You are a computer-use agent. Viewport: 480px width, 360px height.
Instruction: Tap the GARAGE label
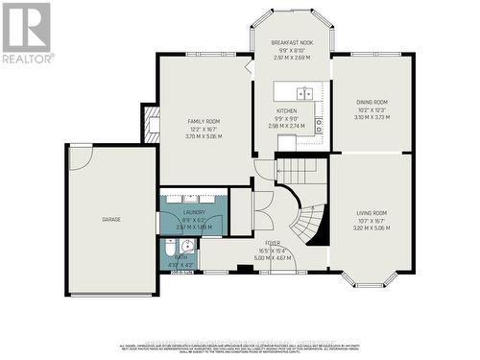click(111, 220)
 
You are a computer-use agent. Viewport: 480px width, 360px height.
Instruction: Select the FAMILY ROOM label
click(204, 122)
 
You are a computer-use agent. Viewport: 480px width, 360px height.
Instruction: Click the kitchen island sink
click(304, 93)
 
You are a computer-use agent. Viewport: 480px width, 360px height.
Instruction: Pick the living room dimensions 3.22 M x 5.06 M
click(371, 228)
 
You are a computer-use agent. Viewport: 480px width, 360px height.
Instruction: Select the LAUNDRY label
click(195, 210)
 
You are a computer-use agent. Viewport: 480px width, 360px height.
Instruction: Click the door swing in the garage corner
click(81, 157)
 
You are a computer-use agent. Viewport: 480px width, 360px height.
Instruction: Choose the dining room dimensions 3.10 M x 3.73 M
click(372, 116)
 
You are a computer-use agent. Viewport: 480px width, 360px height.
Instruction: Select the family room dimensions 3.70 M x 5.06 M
click(204, 136)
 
